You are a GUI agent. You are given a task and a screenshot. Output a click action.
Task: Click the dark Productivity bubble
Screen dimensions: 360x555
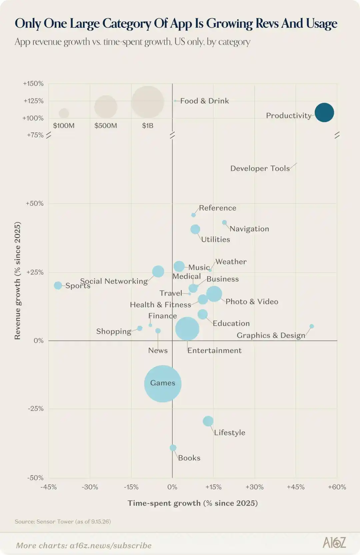(x=324, y=113)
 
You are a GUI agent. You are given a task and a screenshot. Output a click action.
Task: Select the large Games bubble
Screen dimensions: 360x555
(x=163, y=383)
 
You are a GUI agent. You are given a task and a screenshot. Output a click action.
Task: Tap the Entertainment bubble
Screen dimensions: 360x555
(x=187, y=329)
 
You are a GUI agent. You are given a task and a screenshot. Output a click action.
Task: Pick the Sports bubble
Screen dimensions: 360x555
(x=58, y=285)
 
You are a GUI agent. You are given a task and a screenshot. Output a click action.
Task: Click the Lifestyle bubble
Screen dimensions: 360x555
(x=208, y=421)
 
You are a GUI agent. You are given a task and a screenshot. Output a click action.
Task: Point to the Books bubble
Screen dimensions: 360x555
(x=173, y=448)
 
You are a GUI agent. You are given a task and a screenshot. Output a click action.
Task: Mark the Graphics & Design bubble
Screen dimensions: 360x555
(x=312, y=326)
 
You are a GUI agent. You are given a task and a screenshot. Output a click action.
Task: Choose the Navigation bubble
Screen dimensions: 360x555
(x=224, y=223)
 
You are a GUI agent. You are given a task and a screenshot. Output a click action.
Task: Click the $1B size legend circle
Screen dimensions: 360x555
(x=148, y=102)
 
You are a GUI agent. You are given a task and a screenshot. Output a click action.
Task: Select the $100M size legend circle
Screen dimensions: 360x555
(x=64, y=113)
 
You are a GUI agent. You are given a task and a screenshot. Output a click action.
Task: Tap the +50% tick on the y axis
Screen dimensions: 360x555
(x=35, y=204)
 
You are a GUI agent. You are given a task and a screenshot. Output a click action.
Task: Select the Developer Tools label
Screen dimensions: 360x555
(x=260, y=169)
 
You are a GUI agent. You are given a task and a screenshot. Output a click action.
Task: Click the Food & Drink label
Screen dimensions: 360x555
(x=205, y=101)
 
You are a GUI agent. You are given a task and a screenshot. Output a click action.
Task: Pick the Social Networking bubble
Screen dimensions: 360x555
(x=158, y=271)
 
